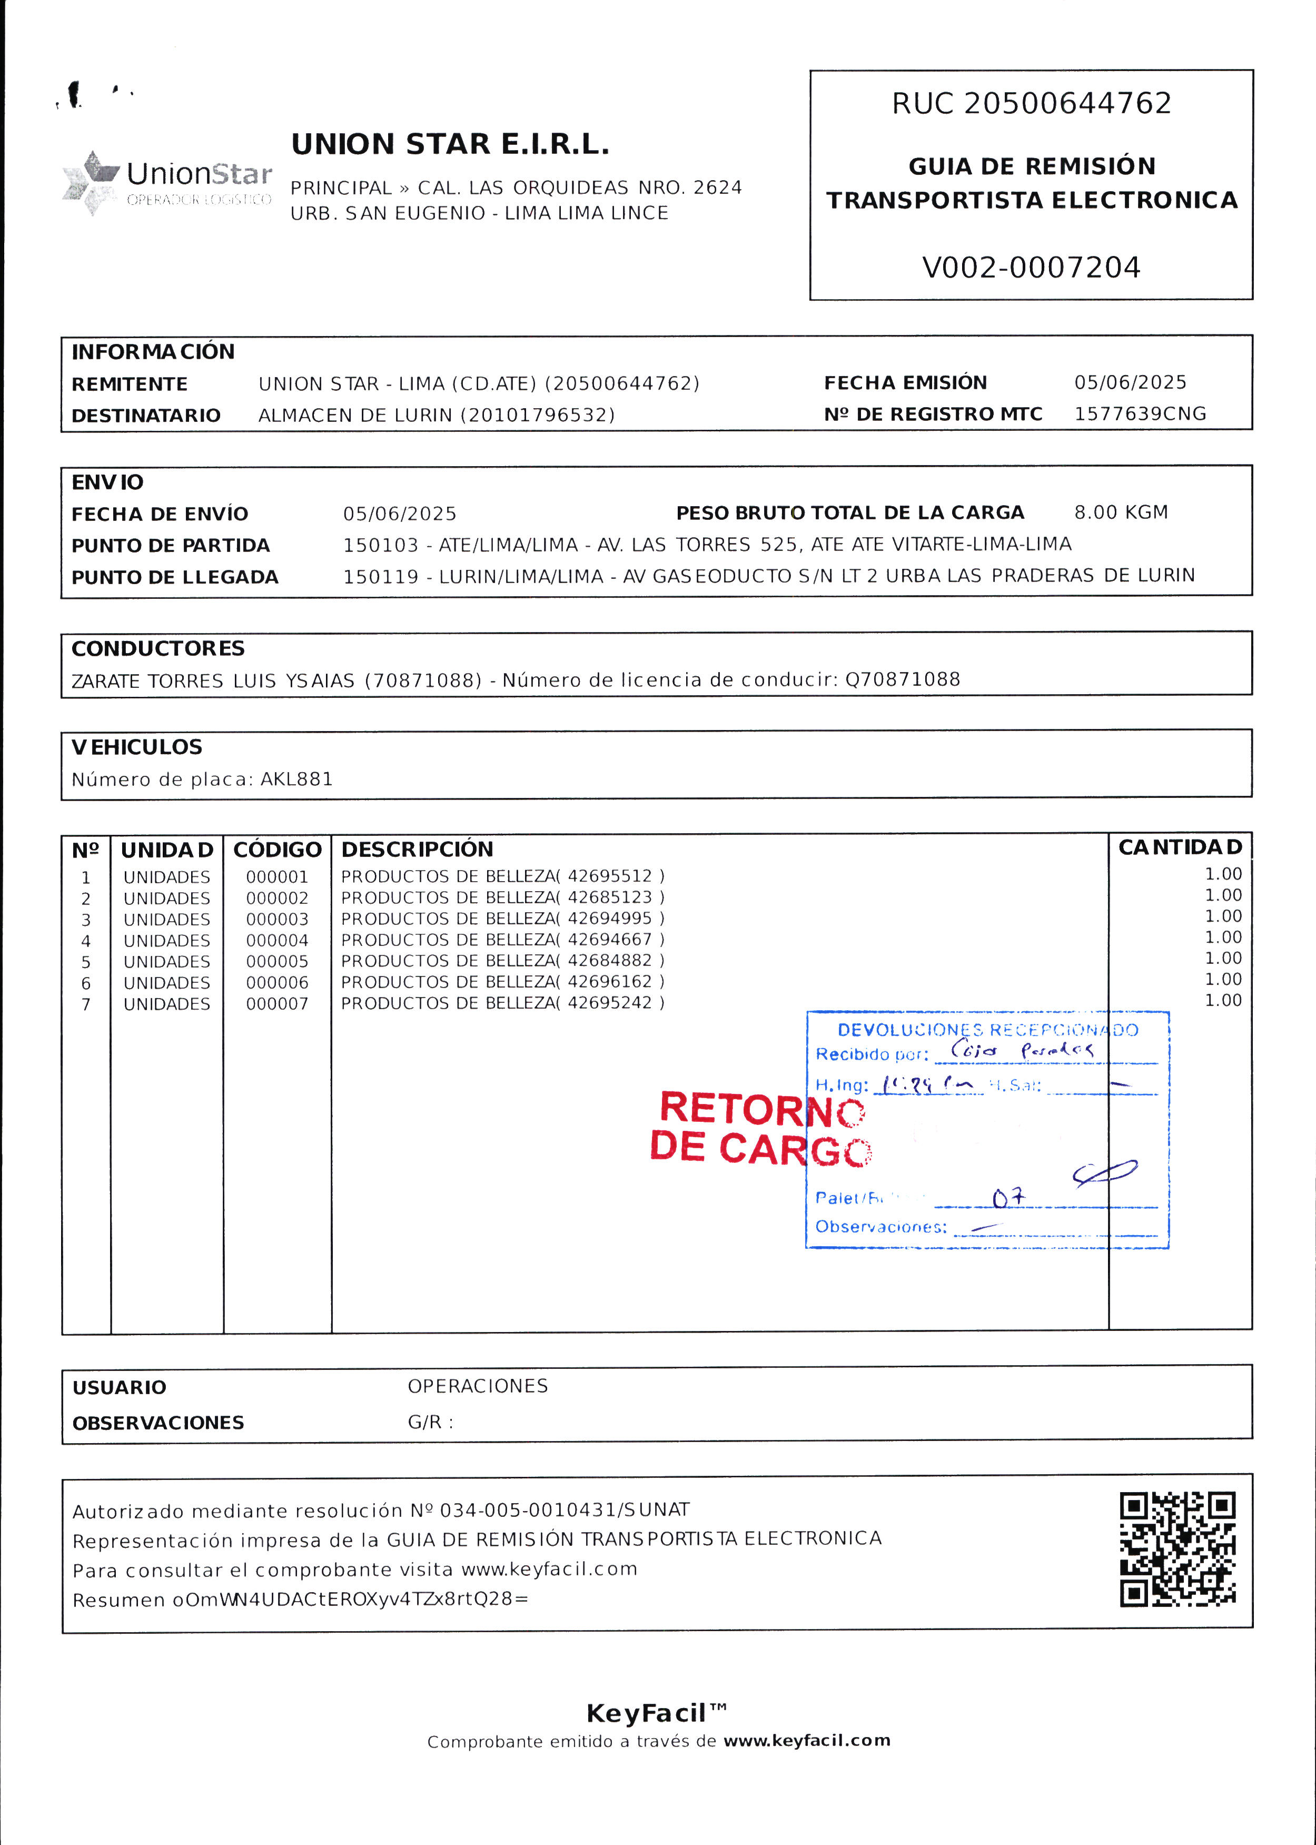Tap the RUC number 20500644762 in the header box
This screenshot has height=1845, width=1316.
pyautogui.click(x=1067, y=104)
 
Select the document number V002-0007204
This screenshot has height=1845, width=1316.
pyautogui.click(x=1031, y=268)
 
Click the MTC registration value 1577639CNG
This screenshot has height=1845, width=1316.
pyautogui.click(x=1140, y=414)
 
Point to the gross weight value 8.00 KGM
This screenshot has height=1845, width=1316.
pyautogui.click(x=1121, y=512)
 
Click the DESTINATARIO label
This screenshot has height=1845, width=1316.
pyautogui.click(x=146, y=416)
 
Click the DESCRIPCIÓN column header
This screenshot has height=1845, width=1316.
pyautogui.click(x=417, y=849)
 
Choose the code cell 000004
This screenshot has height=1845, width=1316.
pyautogui.click(x=277, y=941)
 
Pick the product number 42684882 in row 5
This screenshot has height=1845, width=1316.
pyautogui.click(x=609, y=961)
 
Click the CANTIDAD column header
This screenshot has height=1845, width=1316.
pyautogui.click(x=1179, y=847)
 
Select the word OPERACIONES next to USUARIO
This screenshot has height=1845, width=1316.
pyautogui.click(x=477, y=1386)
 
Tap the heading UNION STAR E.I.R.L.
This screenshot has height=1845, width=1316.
pyautogui.click(x=450, y=144)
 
